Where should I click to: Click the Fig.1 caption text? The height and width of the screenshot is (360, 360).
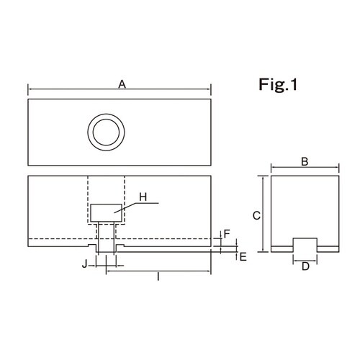(x=278, y=85)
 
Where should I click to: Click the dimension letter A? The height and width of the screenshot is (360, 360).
(x=122, y=84)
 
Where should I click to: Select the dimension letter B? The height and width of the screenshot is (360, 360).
(x=305, y=161)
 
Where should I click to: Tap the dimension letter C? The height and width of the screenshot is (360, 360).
(x=256, y=215)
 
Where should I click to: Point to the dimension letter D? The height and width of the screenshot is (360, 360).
(x=305, y=266)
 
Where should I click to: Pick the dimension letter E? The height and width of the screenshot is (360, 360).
(x=243, y=257)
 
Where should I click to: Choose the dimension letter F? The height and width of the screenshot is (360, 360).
(x=227, y=234)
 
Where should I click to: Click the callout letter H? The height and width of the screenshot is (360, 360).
(x=143, y=197)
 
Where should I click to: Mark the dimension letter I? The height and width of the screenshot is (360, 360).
(x=158, y=276)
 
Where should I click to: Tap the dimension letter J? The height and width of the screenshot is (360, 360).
(x=84, y=264)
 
